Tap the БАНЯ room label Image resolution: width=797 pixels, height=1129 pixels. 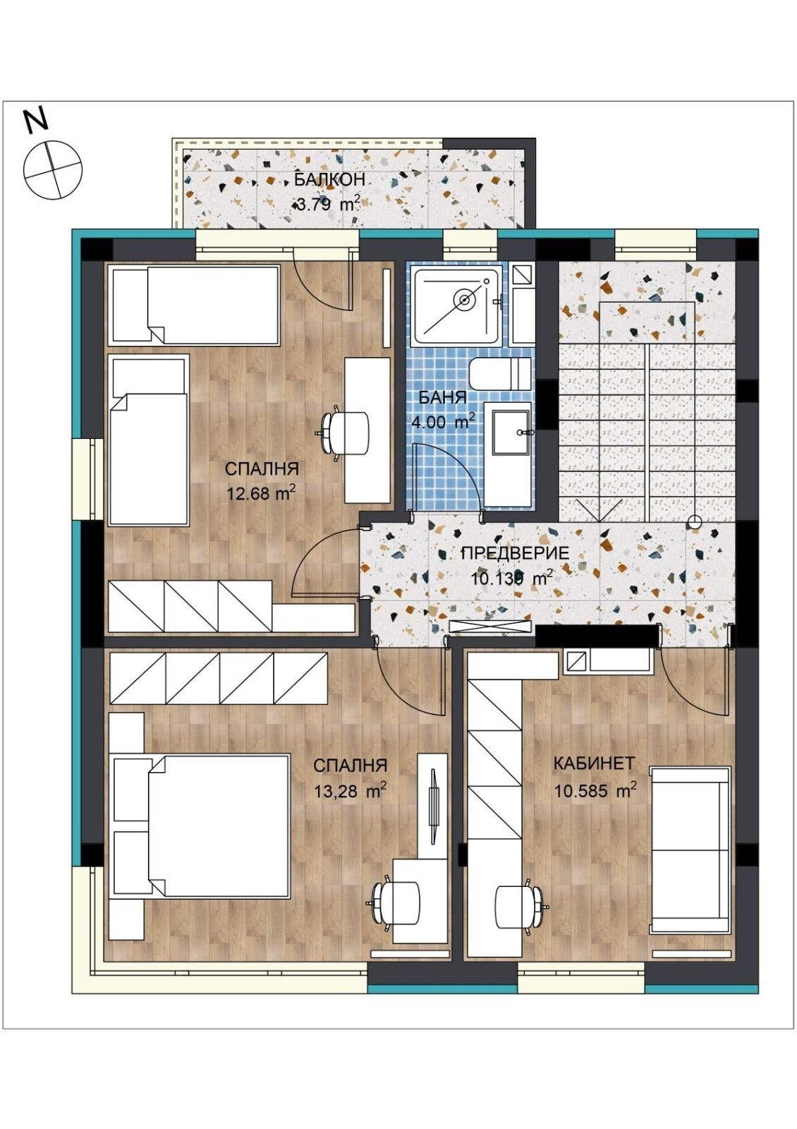pyautogui.click(x=443, y=398)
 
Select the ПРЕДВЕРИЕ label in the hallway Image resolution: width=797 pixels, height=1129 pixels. pyautogui.click(x=516, y=553)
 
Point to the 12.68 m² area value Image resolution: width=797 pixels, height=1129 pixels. pyautogui.click(x=260, y=493)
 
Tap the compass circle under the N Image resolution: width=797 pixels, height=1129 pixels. pyautogui.click(x=52, y=169)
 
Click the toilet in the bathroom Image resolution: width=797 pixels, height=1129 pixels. pyautogui.click(x=499, y=371)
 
